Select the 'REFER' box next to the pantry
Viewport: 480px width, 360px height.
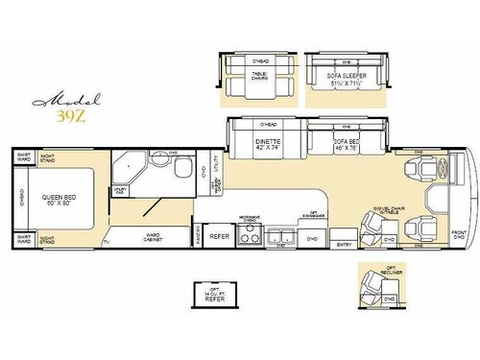click(219, 235)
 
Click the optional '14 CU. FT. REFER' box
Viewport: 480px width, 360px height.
click(213, 297)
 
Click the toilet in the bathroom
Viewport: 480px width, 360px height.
click(181, 168)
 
